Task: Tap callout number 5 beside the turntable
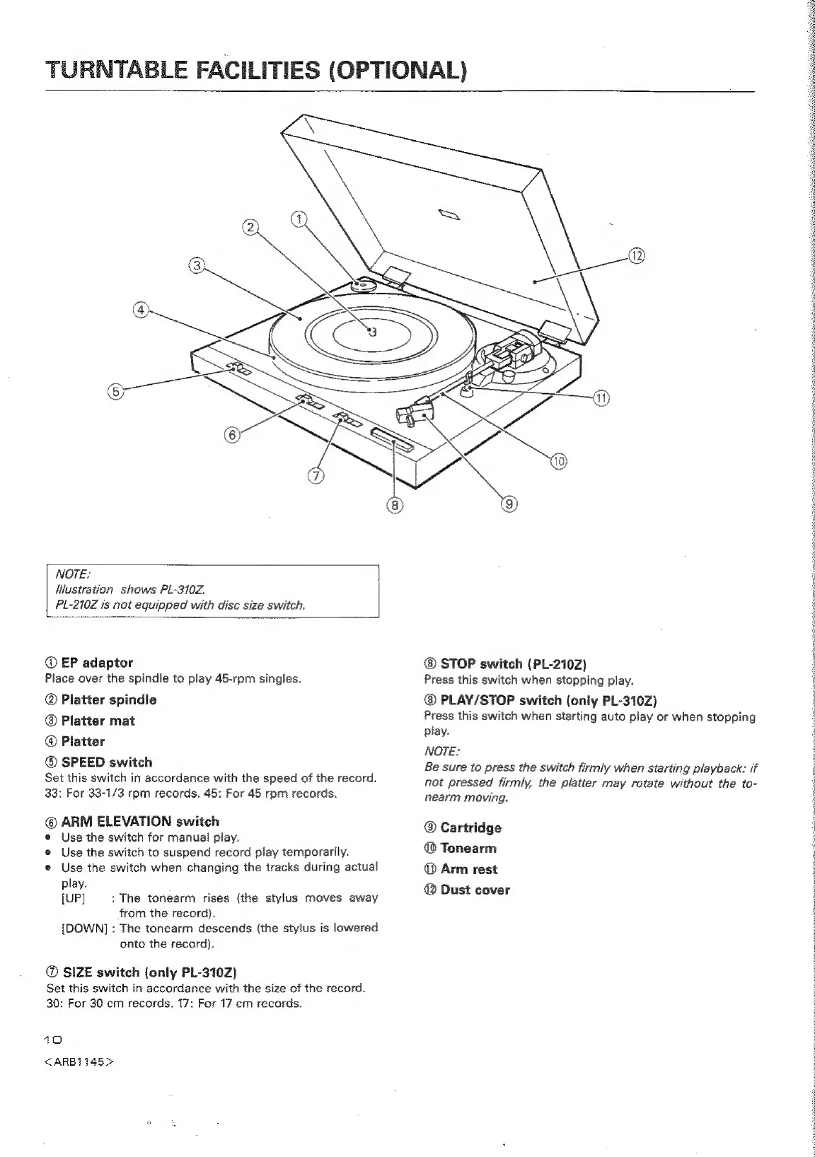(x=115, y=391)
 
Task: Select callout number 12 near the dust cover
(x=636, y=255)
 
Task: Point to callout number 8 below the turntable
(x=394, y=505)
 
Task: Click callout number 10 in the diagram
(x=559, y=463)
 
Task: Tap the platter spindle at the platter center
(x=372, y=332)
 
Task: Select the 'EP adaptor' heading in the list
(x=97, y=663)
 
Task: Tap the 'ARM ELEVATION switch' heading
(x=140, y=821)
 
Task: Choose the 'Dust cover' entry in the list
(x=475, y=890)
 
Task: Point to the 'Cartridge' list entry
(x=470, y=827)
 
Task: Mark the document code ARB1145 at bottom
(x=79, y=1062)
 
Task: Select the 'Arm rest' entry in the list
(x=468, y=869)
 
